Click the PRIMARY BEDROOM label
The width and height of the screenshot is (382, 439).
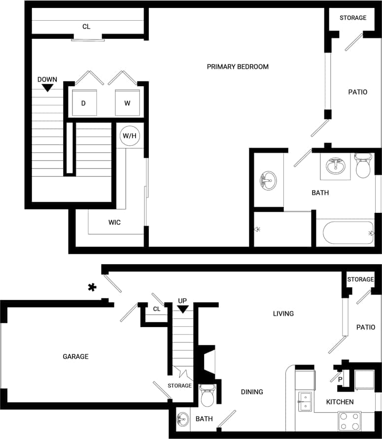point(238,67)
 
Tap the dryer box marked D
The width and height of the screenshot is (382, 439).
point(84,103)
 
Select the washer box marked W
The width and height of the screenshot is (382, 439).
point(127,103)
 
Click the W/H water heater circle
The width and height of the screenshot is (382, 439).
point(129,135)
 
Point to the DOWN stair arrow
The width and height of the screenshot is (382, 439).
point(47,87)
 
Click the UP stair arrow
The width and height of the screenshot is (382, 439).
point(183,308)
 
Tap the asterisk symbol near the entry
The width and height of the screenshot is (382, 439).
point(91,288)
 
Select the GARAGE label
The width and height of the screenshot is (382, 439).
point(75,356)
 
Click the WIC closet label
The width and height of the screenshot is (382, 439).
point(114,222)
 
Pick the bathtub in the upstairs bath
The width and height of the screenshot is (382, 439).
point(345,233)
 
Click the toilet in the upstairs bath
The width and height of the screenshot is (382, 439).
point(363,166)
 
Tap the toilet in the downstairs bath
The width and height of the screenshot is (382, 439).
point(208,396)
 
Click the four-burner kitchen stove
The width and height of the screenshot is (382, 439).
point(349,421)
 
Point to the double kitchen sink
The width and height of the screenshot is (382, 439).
point(306,402)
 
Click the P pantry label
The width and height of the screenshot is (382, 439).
point(340,379)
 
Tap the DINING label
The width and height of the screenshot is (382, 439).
point(252,392)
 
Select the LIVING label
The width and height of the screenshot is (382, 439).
point(283,313)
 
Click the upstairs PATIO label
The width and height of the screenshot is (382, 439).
point(357,92)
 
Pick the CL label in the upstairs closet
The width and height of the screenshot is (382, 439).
point(86,27)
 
